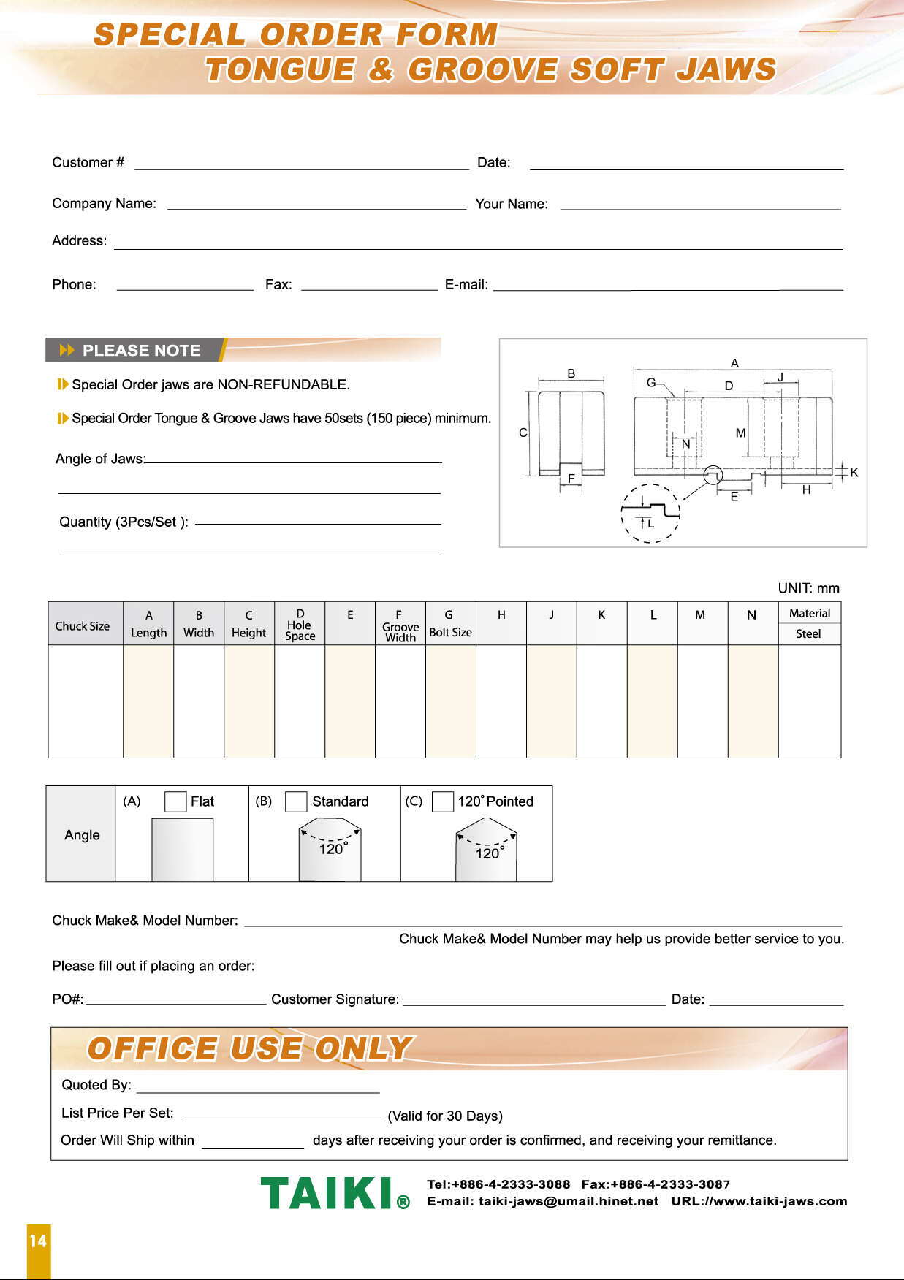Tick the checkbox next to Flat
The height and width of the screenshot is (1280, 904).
click(175, 801)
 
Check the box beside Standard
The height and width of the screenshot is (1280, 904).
click(296, 801)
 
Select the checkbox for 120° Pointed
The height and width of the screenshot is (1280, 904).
click(443, 801)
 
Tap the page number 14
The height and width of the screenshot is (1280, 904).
click(38, 1241)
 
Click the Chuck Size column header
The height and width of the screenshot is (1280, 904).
click(83, 626)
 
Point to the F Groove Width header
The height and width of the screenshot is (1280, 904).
click(400, 626)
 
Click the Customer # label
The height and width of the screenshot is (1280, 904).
click(88, 162)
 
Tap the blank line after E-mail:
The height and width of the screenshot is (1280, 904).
click(668, 286)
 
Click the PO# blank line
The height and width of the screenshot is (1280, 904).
click(176, 1000)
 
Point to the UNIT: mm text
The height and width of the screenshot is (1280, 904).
click(808, 588)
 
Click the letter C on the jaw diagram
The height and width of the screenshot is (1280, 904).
click(523, 433)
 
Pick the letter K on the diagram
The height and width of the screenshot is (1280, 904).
click(854, 473)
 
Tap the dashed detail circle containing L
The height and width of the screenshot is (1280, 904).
click(651, 514)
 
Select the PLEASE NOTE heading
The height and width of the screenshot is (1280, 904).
click(141, 351)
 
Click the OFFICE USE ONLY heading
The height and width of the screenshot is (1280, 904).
click(250, 1048)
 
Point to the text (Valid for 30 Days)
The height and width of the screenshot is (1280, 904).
click(445, 1116)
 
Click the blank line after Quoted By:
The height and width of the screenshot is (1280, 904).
click(258, 1088)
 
